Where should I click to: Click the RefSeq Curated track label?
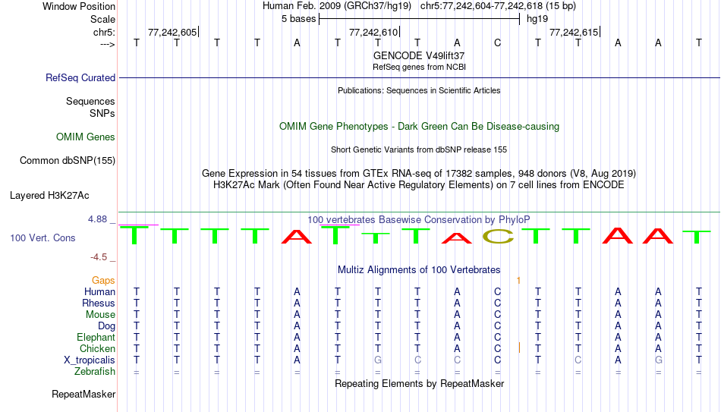[80, 77]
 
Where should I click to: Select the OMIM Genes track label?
[86, 137]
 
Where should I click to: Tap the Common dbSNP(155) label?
[68, 161]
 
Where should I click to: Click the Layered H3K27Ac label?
[49, 196]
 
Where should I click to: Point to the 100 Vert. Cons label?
[43, 237]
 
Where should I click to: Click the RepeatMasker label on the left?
[83, 394]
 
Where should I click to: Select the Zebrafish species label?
[95, 372]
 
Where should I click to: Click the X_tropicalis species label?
[90, 360]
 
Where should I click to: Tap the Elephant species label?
[96, 337]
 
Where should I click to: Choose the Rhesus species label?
[99, 303]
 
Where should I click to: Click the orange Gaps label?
[103, 281]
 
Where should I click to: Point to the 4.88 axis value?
[97, 219]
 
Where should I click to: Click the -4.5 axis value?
[99, 257]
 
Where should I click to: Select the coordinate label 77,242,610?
[373, 32]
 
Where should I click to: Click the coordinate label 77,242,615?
[574, 32]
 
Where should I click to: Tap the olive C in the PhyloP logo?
[498, 236]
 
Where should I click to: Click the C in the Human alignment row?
[498, 291]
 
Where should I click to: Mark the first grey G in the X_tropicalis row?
[377, 360]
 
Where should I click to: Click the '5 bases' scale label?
[299, 19]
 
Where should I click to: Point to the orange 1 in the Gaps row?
[518, 281]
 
